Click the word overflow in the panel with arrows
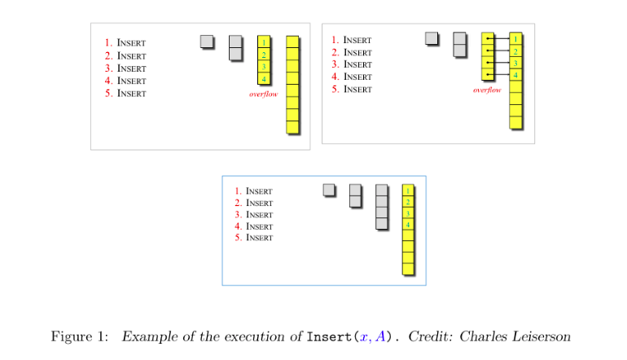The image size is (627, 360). (487, 90)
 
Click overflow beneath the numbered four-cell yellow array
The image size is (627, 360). (264, 94)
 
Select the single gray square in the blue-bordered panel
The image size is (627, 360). (329, 190)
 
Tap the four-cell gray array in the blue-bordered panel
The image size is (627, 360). (381, 207)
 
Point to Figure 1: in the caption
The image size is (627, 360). (79, 336)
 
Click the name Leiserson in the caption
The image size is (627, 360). (547, 336)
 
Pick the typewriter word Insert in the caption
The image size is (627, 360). (325, 336)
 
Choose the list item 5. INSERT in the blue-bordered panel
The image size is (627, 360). (253, 238)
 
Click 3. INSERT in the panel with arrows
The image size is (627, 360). (351, 64)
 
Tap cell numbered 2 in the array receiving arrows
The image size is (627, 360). (515, 51)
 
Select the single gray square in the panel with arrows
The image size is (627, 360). (432, 37)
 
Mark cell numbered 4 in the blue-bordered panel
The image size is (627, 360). (408, 224)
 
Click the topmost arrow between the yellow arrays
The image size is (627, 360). (498, 38)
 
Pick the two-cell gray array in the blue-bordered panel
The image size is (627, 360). (355, 195)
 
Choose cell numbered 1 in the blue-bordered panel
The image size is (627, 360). (408, 190)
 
